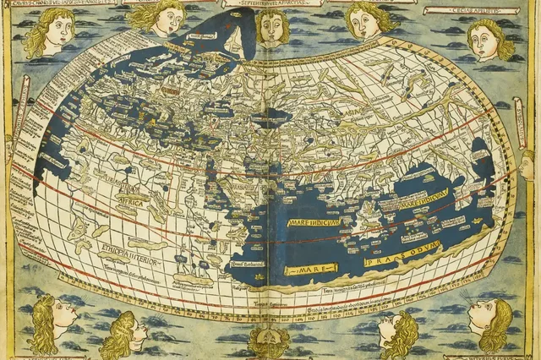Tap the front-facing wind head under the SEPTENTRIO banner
pyautogui.click(x=271, y=27)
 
